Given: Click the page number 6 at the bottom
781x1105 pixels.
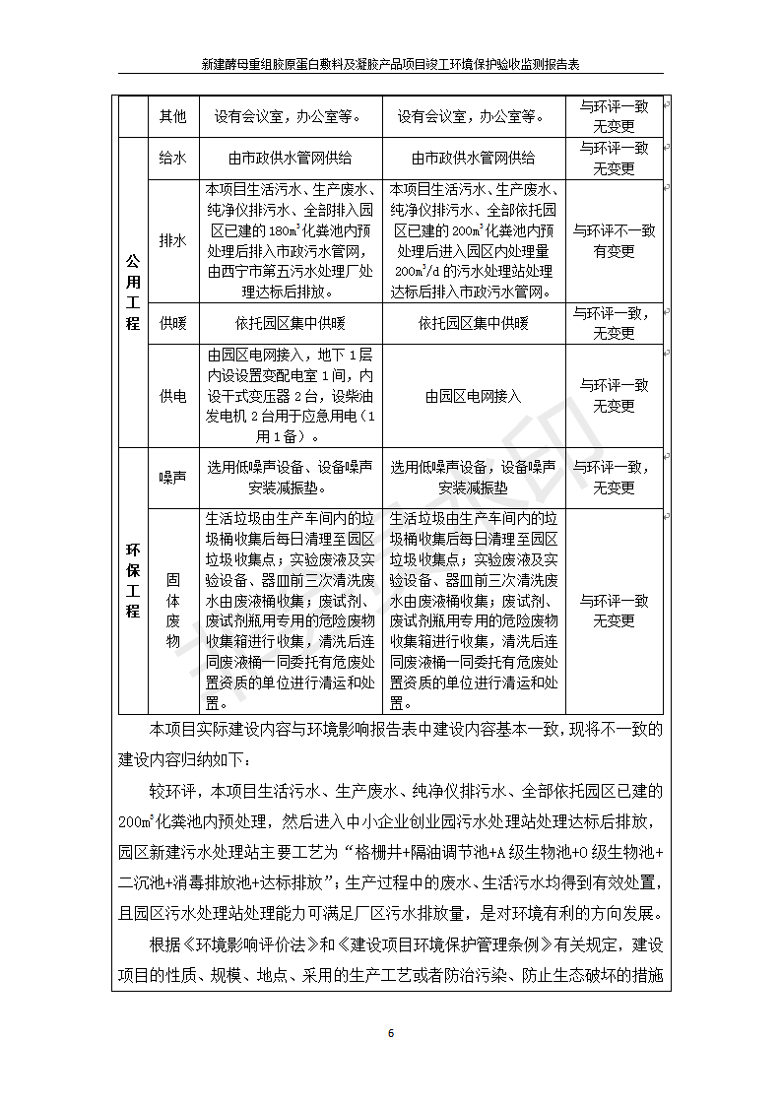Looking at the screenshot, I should click(390, 1033).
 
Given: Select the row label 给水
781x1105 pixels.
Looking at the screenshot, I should click(172, 158).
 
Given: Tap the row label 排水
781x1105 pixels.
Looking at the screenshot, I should click(172, 240).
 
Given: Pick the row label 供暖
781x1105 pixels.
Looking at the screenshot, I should click(172, 323).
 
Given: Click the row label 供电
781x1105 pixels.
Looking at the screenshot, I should click(172, 396).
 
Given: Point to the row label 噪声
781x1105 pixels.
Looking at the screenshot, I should click(172, 477).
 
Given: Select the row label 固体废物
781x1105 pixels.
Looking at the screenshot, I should click(172, 611).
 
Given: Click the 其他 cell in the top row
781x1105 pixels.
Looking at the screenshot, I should click(172, 116).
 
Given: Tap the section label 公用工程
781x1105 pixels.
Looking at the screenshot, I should click(132, 292).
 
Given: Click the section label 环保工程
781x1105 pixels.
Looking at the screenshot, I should click(132, 581).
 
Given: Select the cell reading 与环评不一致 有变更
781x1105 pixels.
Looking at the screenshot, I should click(614, 240).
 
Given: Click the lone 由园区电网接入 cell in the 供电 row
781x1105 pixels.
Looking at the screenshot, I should click(473, 396).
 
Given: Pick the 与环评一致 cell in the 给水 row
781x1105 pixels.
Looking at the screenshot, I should click(614, 158).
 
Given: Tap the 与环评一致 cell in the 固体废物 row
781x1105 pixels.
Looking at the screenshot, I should click(614, 611).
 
